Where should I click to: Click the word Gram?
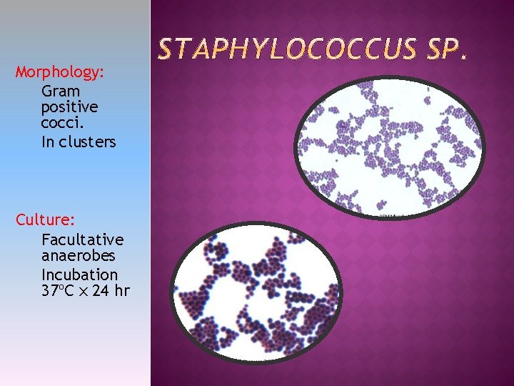tap(61, 91)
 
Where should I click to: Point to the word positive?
tap(70, 107)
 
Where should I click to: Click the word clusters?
tap(87, 142)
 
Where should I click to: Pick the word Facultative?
tap(82, 239)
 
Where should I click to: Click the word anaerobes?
tap(79, 255)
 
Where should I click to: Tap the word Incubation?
tap(79, 274)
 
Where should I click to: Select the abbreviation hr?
tap(122, 290)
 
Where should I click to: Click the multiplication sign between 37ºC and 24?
tap(83, 291)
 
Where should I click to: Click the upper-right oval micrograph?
tap(389, 147)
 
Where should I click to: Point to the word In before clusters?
tap(48, 142)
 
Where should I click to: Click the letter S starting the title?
tap(165, 50)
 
